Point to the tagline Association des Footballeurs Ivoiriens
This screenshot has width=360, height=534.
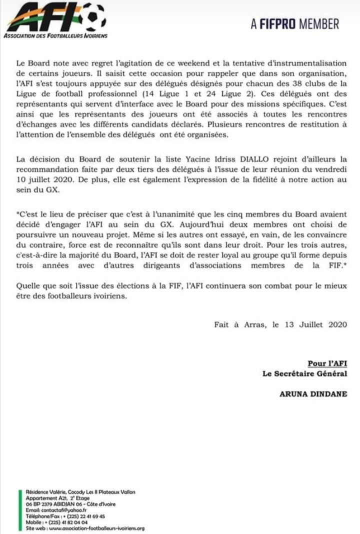pos(55,36)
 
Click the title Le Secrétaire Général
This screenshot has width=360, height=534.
pos(304,373)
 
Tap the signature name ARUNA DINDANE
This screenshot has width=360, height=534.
pos(313,393)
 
